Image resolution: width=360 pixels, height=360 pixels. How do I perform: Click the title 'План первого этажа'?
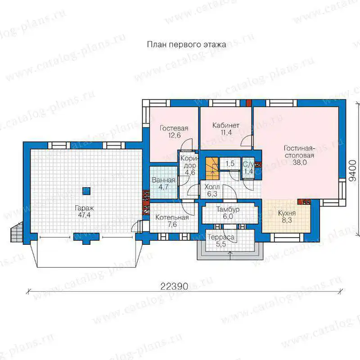[186, 44]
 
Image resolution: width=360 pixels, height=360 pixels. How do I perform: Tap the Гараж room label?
[85, 208]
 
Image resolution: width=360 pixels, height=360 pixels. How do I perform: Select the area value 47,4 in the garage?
[84, 215]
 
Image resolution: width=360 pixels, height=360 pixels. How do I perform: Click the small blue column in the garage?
[86, 191]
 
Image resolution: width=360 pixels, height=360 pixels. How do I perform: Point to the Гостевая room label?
[174, 128]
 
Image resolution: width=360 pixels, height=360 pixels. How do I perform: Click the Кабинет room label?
[226, 126]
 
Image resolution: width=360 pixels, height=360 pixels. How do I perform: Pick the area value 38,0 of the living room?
[300, 162]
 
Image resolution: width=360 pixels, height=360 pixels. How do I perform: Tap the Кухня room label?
[287, 213]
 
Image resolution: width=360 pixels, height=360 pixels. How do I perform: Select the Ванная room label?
[163, 180]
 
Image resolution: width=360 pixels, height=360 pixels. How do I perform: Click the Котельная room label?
[172, 217]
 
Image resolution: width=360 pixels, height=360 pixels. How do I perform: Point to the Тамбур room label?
[228, 209]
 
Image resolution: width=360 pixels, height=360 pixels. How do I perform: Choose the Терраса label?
[221, 237]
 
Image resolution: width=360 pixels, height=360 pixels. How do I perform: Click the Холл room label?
[212, 187]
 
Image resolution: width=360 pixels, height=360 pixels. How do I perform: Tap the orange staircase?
[211, 168]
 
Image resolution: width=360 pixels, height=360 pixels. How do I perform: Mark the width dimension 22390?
[174, 287]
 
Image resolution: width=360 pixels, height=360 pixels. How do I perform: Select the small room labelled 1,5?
[230, 163]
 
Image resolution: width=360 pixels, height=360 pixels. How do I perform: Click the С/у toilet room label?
[248, 164]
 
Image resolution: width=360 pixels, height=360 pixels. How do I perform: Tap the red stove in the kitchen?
[304, 202]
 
